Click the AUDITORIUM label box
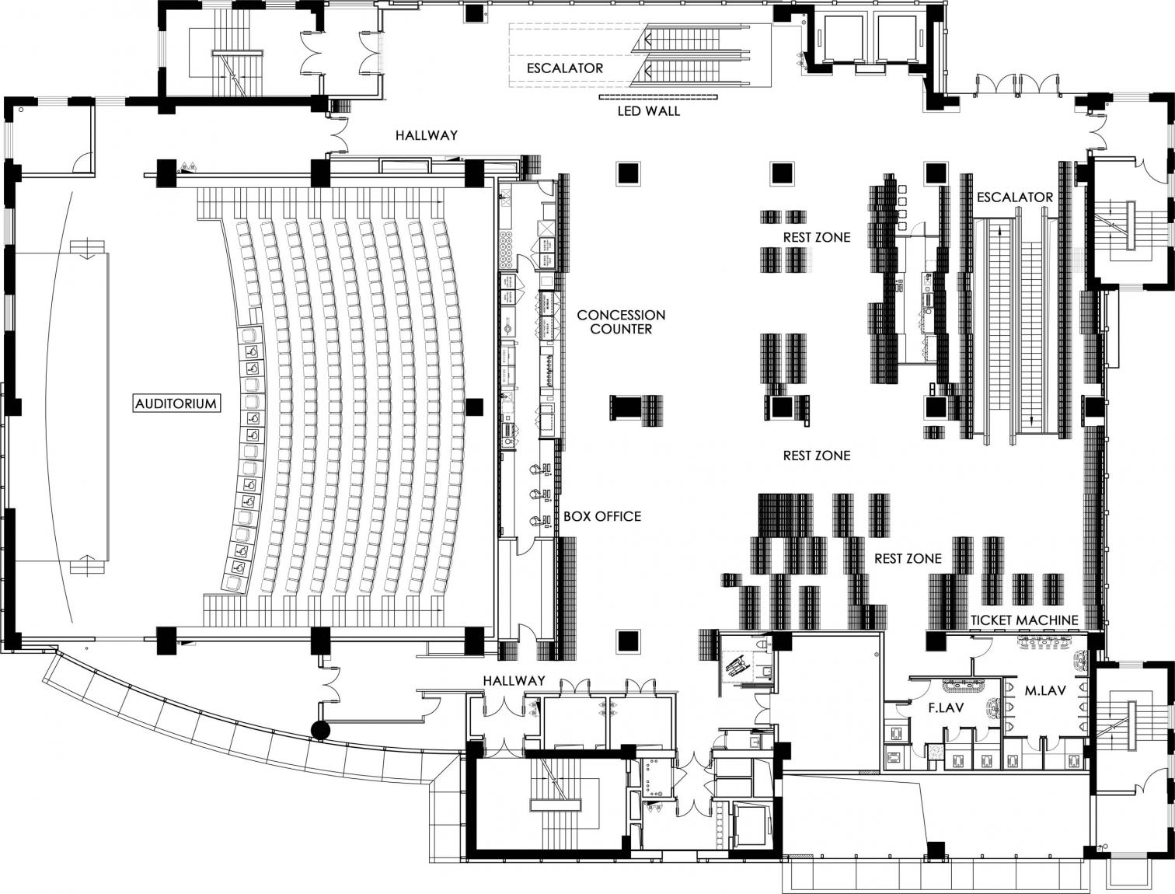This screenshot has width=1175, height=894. coord(176,403)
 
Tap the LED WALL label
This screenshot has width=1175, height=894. coord(648,111)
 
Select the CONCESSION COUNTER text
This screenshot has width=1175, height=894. coord(621,322)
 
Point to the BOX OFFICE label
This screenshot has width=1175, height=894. coord(602,516)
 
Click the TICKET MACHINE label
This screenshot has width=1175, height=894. coord(1024,620)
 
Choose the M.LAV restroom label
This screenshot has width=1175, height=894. coord(1044,690)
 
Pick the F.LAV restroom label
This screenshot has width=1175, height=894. coord(947,708)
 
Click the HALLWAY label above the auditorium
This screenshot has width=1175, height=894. coord(427,135)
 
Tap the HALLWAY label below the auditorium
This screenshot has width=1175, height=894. coord(514,681)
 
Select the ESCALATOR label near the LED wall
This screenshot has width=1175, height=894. coord(565,68)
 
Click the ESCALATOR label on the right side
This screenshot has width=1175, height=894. coord(1014,197)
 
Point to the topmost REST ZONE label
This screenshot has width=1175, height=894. coord(817,237)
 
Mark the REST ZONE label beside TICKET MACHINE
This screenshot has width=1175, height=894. coord(908,559)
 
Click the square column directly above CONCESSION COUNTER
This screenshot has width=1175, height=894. coord(628,173)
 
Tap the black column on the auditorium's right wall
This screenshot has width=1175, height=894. coord(474,406)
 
